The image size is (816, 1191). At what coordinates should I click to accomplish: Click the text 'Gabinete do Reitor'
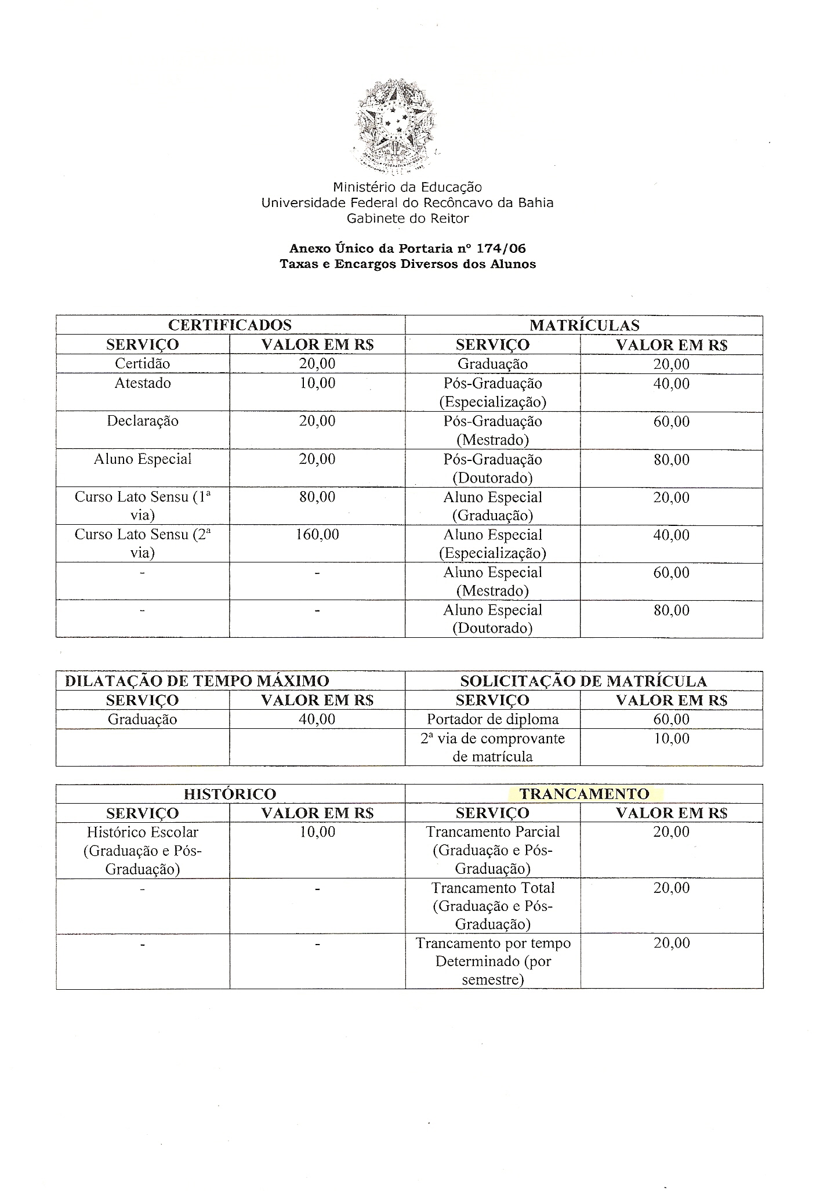[x=408, y=219]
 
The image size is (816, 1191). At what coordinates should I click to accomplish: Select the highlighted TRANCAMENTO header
[x=584, y=794]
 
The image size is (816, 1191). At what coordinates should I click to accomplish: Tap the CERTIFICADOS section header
[x=230, y=325]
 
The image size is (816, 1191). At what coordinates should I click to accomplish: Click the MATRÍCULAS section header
[x=584, y=325]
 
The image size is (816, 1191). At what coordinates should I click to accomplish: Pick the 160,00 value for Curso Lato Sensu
[x=317, y=534]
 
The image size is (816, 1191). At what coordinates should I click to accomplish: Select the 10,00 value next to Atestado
[x=317, y=383]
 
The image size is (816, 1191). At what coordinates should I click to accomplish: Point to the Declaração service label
[x=143, y=421]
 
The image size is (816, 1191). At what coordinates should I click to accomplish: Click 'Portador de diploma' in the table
[x=493, y=720]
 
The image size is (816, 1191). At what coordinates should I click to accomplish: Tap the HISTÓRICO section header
[x=230, y=794]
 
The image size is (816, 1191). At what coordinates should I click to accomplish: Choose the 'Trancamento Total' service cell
[x=493, y=906]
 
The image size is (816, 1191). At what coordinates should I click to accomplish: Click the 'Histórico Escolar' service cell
[x=143, y=851]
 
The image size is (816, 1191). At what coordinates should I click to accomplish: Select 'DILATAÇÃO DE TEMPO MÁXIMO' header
[x=197, y=681]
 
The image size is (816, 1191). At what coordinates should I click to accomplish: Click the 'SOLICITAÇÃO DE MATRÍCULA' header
[x=583, y=681]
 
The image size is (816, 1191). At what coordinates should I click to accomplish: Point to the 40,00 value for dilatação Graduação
[x=317, y=720]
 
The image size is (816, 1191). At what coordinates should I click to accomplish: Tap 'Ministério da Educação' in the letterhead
[x=407, y=187]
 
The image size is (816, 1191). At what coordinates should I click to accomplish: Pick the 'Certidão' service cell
[x=143, y=364]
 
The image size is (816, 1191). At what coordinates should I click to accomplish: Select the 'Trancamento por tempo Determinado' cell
[x=493, y=961]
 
